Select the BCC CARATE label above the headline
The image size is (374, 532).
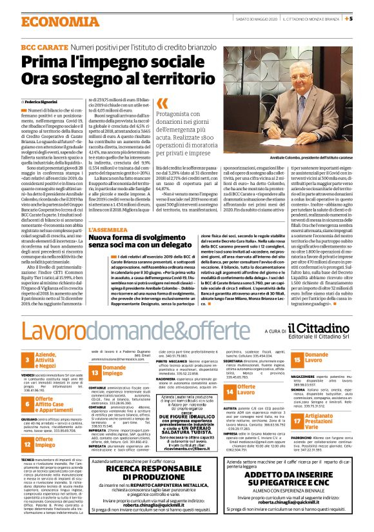pos(43,48)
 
